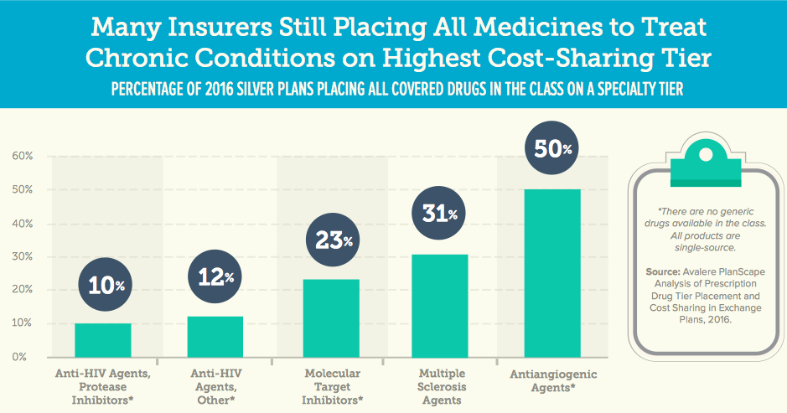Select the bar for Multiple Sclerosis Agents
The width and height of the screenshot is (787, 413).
pos(440,306)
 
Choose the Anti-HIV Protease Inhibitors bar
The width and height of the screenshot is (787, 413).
pos(103,340)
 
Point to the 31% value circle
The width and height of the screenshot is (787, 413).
pos(441,214)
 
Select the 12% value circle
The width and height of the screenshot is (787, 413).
pos(215,276)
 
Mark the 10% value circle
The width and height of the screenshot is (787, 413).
pos(103,286)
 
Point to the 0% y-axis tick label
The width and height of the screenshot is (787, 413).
pos(24,357)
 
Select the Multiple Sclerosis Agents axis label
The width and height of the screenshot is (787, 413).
pos(440,387)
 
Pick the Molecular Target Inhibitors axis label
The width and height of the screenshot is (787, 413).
pos(331,387)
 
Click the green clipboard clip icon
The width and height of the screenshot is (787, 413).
pos(702,160)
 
